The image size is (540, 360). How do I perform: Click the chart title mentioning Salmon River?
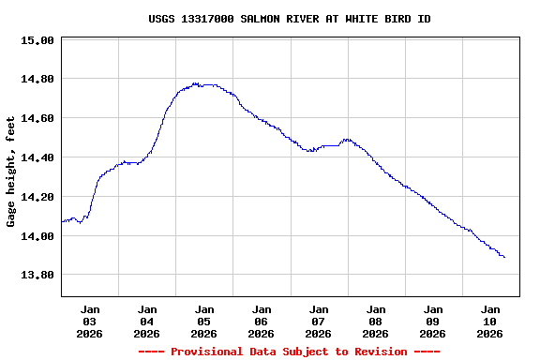290,19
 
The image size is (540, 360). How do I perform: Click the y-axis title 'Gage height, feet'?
11,172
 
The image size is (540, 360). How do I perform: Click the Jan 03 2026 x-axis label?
90,321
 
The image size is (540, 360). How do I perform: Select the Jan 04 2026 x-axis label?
147,321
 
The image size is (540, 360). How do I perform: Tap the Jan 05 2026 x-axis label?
204,321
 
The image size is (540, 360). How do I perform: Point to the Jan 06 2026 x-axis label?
262,321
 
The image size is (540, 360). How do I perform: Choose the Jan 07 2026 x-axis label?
319,321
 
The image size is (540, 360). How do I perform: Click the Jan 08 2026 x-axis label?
376,321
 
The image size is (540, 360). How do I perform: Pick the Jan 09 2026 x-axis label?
433,321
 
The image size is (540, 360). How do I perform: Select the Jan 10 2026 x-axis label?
490,321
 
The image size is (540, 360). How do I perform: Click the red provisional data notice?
290,352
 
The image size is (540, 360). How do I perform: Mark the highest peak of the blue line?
195,83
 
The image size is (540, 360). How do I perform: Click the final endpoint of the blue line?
504,257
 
